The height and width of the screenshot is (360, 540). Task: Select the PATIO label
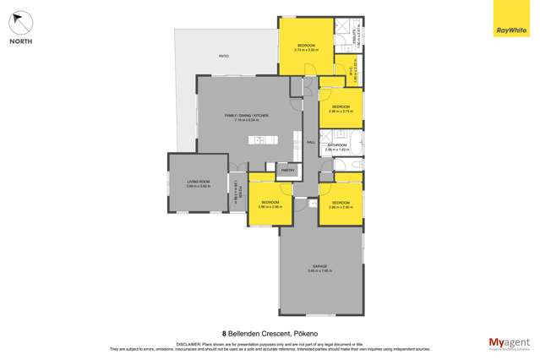[224, 56]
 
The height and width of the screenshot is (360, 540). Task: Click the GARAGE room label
[320, 266]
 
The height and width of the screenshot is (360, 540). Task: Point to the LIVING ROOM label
[198, 182]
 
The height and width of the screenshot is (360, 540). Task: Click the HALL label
[310, 142]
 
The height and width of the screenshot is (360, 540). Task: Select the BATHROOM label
[337, 145]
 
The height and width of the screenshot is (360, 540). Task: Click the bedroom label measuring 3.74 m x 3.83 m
[305, 46]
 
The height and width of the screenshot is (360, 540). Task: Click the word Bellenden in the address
[248, 333]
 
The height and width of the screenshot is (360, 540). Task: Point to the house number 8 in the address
[224, 333]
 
